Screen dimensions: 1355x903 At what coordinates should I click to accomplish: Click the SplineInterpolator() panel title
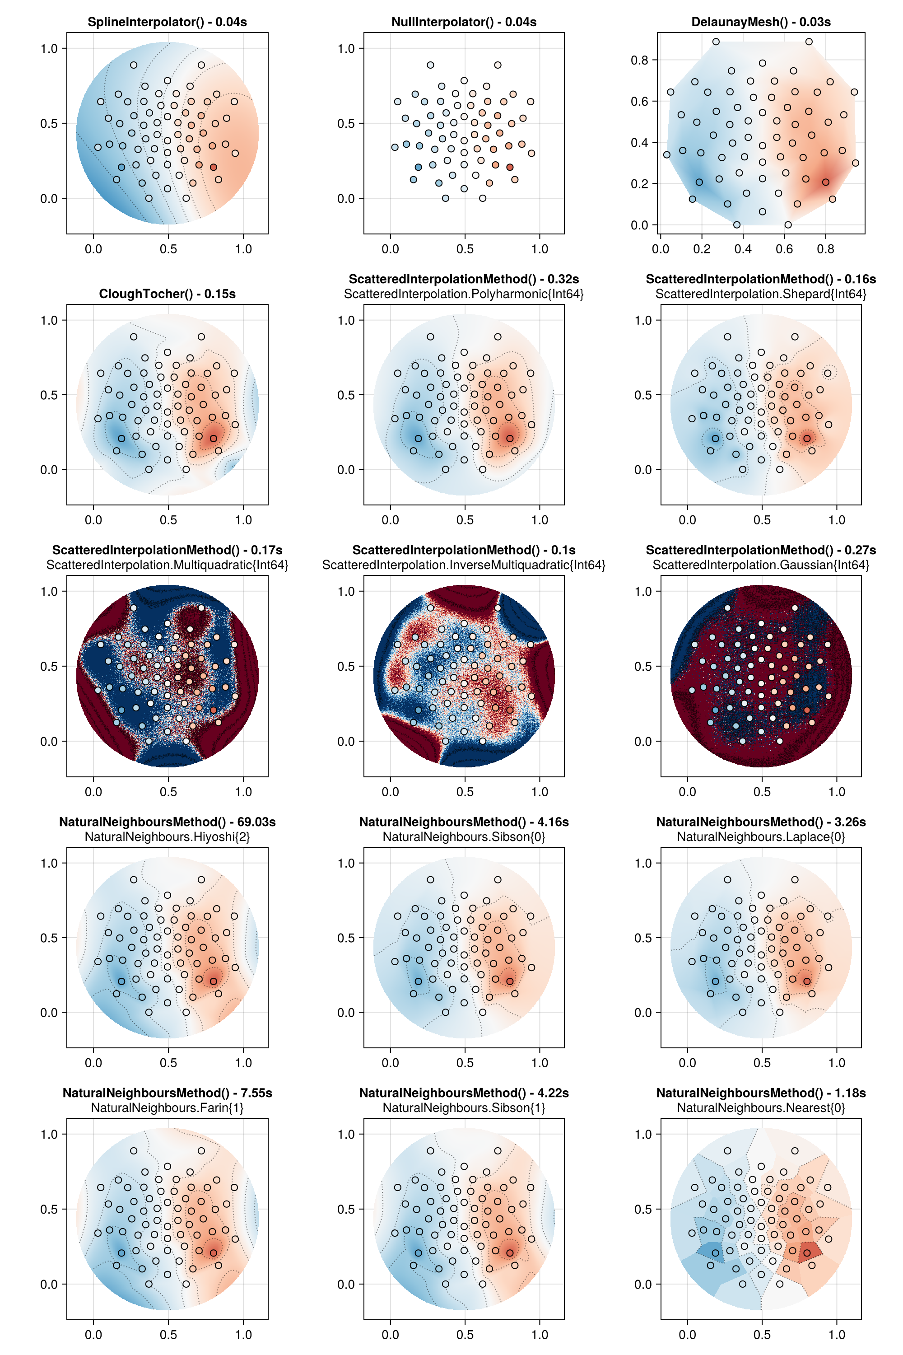167,22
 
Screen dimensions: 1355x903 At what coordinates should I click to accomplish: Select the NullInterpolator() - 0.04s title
464,22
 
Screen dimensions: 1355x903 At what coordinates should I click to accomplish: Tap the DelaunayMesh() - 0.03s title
761,22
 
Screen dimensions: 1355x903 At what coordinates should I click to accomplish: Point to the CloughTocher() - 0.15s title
167,294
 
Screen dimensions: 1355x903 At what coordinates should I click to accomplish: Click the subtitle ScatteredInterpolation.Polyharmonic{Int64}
464,294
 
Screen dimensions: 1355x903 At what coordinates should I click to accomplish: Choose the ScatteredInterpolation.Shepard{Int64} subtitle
761,294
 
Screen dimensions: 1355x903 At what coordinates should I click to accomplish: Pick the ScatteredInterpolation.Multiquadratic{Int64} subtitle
167,565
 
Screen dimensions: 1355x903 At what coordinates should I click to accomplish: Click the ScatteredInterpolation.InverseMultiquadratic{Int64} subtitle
464,565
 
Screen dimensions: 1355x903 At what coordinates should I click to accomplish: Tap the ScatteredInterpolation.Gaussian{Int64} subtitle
761,565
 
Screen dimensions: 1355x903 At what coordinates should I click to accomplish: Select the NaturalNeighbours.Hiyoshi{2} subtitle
167,836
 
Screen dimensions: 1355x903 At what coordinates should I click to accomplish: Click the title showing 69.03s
167,822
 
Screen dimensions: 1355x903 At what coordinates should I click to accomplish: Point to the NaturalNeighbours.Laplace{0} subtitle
761,836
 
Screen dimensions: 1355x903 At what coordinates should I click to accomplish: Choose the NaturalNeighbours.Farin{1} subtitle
167,1108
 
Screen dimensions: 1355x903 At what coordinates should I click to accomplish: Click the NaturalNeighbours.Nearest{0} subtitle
761,1108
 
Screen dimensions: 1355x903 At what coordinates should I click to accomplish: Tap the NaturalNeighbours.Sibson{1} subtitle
464,1108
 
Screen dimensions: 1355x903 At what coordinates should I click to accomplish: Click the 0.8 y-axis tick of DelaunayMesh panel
639,60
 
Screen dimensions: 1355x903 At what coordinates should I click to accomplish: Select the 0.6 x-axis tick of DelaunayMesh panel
784,249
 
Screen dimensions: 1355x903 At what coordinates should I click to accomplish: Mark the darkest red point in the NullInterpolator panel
510,167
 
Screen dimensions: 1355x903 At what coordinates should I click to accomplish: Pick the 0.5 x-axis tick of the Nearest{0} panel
762,1334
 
